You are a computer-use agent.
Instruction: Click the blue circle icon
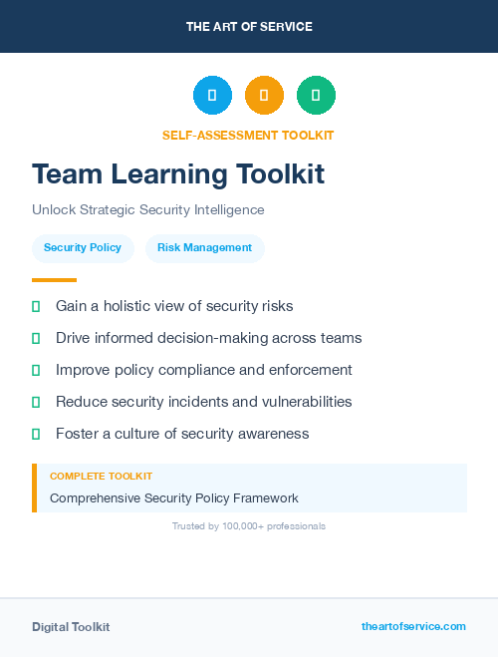coord(212,96)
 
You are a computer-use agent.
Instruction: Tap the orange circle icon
coord(264,96)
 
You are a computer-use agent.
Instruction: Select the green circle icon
coord(316,96)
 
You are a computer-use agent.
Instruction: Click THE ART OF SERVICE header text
coord(249,27)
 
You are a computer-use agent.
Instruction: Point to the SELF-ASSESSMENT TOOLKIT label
coord(248,136)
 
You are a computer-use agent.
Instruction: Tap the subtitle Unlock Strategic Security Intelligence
coord(148,210)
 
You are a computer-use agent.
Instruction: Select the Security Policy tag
coord(83,248)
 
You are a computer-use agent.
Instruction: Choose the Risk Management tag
coord(205,248)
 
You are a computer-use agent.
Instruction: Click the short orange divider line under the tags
coord(54,280)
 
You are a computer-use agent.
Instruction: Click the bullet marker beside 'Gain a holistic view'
coord(36,306)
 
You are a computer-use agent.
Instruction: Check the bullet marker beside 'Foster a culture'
coord(36,434)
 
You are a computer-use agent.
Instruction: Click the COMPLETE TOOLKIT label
coord(101,477)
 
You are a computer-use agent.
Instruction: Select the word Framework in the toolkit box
coord(265,498)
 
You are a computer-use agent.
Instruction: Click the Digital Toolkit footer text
coord(71,627)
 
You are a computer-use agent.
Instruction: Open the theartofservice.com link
coord(413,626)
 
